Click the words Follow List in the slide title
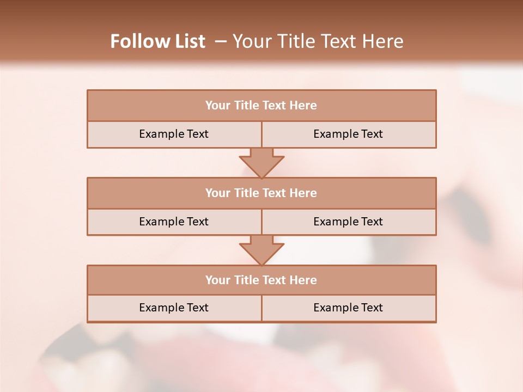[x=157, y=41]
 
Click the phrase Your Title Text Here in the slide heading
[x=318, y=41]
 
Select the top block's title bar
[x=261, y=106]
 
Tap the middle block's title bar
[x=261, y=193]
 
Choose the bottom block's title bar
[x=261, y=280]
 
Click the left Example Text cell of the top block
[x=174, y=134]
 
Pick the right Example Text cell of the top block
[x=348, y=134]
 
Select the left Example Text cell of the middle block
[x=174, y=222]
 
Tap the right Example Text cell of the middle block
[x=348, y=222]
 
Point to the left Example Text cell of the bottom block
[x=174, y=308]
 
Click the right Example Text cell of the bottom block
[x=348, y=308]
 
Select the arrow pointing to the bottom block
[x=261, y=250]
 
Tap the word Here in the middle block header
[x=303, y=193]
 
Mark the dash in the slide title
[x=221, y=41]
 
